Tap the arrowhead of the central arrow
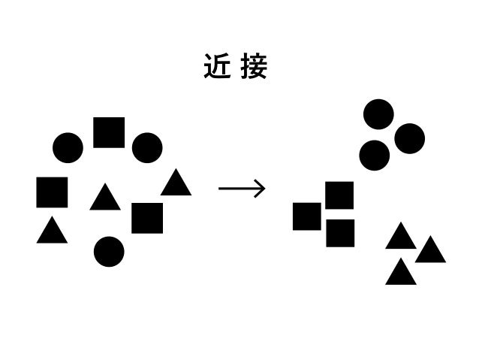click(x=261, y=189)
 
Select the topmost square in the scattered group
click(x=109, y=132)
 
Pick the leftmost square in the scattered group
click(x=52, y=192)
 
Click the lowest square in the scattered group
click(x=147, y=218)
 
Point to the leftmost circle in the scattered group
click(x=68, y=148)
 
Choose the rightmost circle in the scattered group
click(x=147, y=148)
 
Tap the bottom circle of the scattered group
click(x=109, y=252)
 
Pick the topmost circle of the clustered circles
click(x=378, y=114)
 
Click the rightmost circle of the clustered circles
click(x=409, y=138)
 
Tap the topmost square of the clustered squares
click(x=339, y=195)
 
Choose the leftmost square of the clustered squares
click(x=306, y=216)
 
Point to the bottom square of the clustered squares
click(x=340, y=233)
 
